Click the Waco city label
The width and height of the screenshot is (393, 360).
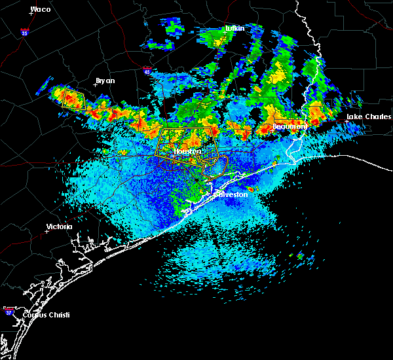click(x=41, y=10)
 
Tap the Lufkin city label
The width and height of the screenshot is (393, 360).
click(x=234, y=29)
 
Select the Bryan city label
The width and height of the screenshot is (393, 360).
click(x=105, y=81)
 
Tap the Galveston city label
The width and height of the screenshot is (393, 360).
click(x=233, y=194)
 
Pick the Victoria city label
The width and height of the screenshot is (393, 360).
click(x=59, y=227)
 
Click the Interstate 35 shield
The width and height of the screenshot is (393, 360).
click(x=24, y=31)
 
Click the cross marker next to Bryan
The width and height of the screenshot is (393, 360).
click(x=95, y=85)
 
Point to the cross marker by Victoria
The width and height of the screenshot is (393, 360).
click(x=47, y=231)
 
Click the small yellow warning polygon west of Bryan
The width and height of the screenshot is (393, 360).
click(x=69, y=98)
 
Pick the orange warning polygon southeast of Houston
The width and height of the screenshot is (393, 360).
click(x=215, y=167)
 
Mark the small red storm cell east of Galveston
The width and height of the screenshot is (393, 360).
click(x=250, y=190)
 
